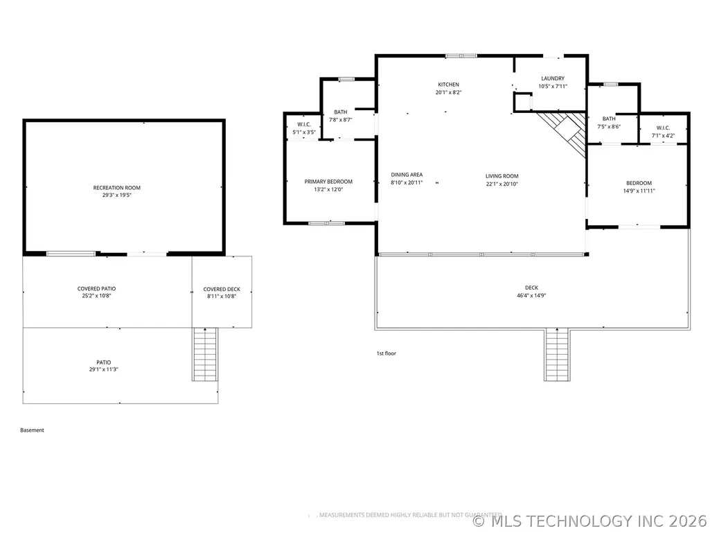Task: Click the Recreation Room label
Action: coord(117,188)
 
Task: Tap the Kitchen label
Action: coord(448,85)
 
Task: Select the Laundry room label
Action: coord(553,78)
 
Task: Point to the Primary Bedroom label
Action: coord(328,182)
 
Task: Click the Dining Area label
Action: coord(407,175)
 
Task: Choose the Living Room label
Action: coord(502,176)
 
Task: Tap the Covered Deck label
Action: coord(222,289)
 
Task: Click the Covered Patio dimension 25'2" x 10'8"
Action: coord(96,296)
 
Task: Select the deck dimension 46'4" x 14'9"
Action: coord(531,295)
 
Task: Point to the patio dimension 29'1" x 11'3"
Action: coord(104,369)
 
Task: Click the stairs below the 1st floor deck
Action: coord(557,355)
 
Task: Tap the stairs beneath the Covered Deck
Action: coord(205,354)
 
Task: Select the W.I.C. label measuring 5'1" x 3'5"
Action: coord(304,125)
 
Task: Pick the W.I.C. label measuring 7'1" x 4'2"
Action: coord(663,128)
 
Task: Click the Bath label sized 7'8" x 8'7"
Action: coord(341,112)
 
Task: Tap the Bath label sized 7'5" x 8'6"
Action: coord(609,119)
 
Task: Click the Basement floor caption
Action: coord(32,430)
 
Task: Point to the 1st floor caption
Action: coord(387,353)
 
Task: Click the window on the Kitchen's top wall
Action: coord(461,55)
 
